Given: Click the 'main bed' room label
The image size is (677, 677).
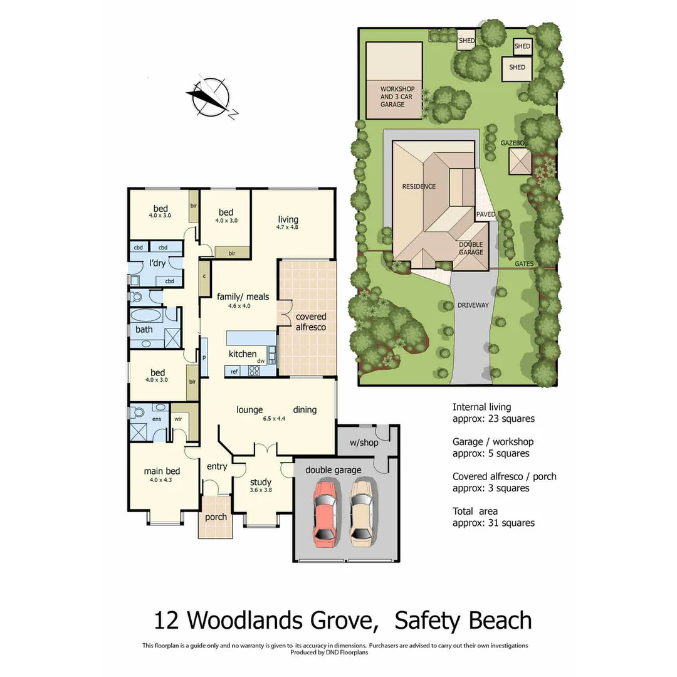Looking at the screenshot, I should (x=162, y=471).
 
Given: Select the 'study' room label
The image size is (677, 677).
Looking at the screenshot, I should (x=260, y=482).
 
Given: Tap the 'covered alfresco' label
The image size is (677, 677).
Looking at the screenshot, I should (x=311, y=322).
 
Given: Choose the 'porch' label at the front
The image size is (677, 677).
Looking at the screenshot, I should (x=216, y=517).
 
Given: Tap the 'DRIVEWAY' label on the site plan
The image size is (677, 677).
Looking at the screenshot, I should (x=473, y=305).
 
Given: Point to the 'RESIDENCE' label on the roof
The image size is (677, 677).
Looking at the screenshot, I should (x=419, y=186).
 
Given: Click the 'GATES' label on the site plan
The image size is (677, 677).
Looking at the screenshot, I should (x=524, y=264).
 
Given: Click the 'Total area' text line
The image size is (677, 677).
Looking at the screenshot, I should (x=475, y=512).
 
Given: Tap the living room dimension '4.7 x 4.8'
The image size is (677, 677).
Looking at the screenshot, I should (x=288, y=228).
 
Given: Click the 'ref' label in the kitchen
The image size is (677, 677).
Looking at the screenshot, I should (x=234, y=371).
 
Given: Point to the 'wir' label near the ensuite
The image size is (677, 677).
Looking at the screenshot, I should (x=178, y=418).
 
